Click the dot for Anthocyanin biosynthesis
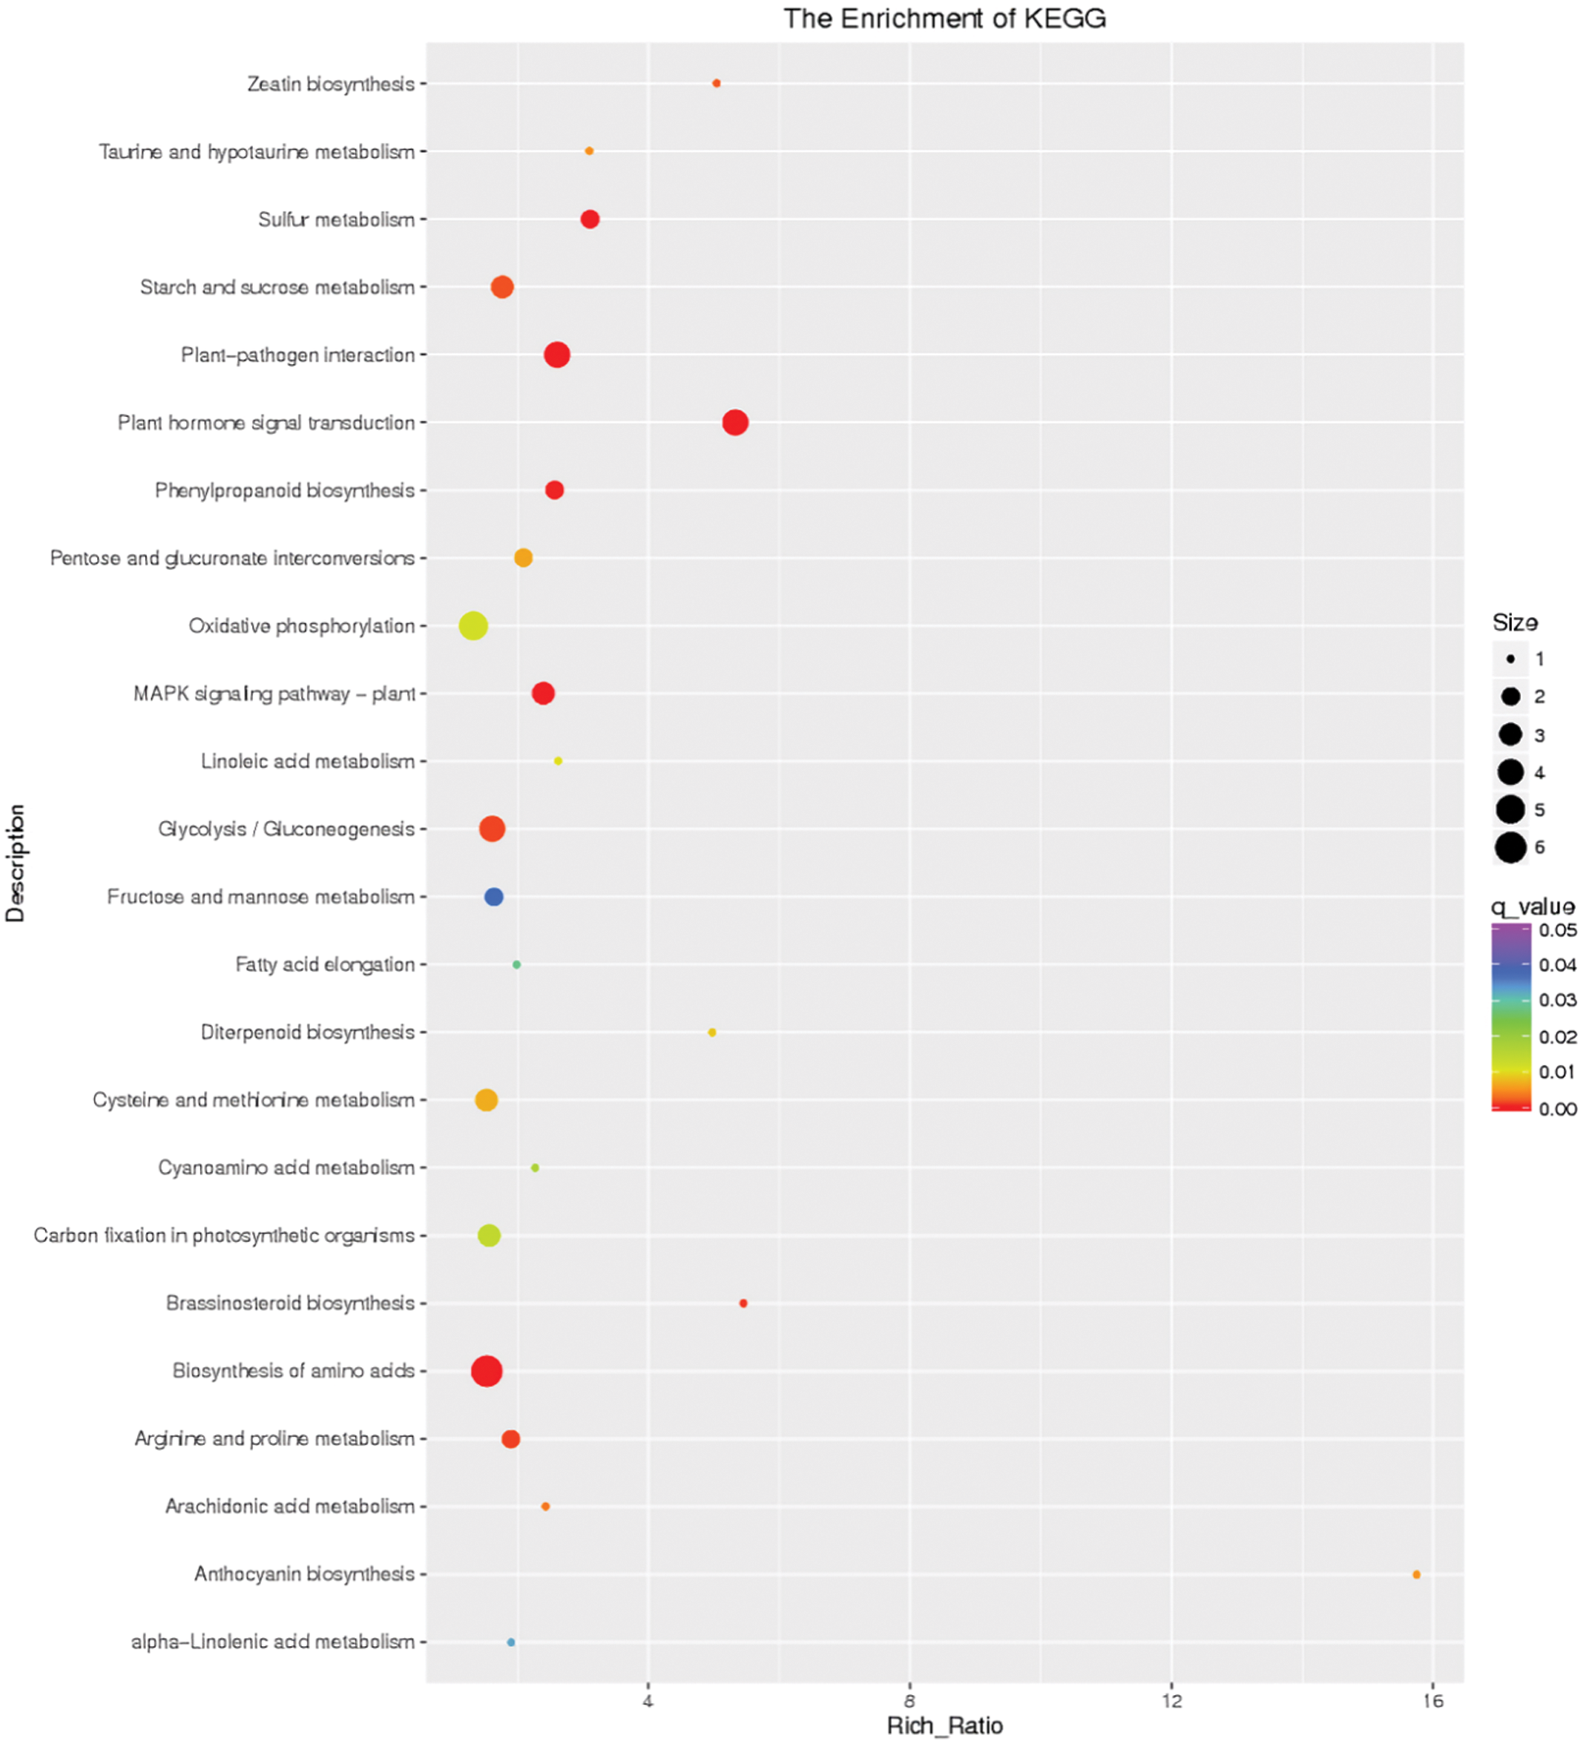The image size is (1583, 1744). [1416, 1574]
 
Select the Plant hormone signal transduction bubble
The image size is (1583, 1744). [735, 423]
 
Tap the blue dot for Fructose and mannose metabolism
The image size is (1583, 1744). [494, 897]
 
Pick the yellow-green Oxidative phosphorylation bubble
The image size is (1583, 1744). [473, 625]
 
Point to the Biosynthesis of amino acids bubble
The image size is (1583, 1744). [487, 1371]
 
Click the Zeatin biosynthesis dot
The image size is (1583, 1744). [716, 84]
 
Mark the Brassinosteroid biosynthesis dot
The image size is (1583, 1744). [743, 1303]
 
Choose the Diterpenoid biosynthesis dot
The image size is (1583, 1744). [712, 1033]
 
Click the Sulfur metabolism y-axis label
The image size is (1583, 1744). [336, 220]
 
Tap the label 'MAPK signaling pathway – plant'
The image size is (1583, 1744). [274, 694]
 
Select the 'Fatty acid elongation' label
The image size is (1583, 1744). [326, 965]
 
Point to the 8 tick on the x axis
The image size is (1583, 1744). [910, 1701]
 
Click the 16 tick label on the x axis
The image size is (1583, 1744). [1434, 1701]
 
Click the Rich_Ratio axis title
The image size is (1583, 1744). [945, 1726]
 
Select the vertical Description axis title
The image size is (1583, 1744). [16, 863]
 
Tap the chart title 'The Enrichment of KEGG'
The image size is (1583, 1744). [945, 19]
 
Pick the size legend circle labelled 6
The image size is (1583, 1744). [1510, 848]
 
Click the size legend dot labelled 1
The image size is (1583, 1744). [1510, 659]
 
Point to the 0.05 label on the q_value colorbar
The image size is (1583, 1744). [1557, 931]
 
